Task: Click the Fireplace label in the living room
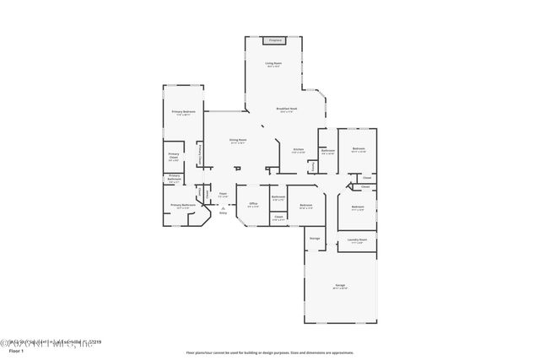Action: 274,40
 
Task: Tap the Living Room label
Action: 273,63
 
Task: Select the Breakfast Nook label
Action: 289,109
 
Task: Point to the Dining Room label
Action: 238,140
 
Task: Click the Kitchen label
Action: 298,149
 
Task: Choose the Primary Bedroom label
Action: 184,111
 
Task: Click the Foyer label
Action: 224,194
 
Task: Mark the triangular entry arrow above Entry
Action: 224,207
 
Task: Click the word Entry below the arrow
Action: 224,212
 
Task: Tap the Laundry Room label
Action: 357,240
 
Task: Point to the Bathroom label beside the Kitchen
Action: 328,151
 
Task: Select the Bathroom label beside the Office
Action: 278,198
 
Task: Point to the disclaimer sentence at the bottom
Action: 269,351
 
